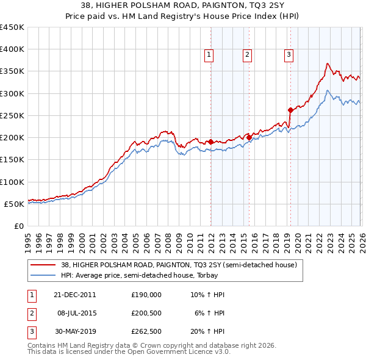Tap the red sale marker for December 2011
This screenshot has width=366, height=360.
click(x=211, y=142)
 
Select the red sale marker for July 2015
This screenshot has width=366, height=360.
click(x=249, y=137)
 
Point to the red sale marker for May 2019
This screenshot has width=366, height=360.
click(x=290, y=110)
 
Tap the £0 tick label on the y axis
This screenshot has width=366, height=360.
click(x=18, y=226)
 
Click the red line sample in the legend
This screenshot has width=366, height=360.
click(x=43, y=265)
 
